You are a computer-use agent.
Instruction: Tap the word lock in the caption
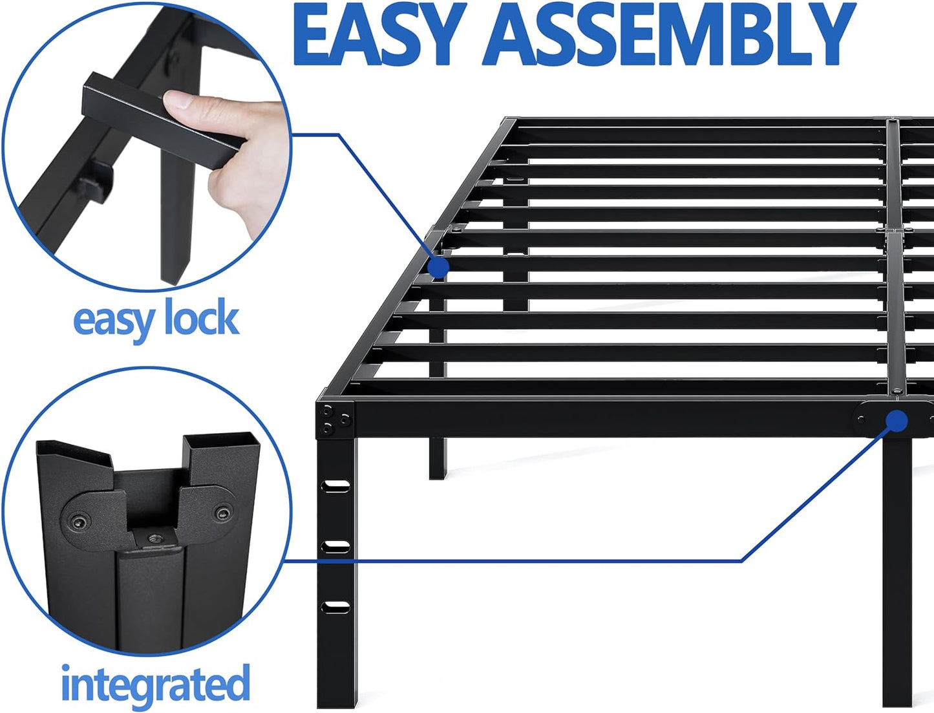pos(201,319)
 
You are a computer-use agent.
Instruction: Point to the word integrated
pos(155,684)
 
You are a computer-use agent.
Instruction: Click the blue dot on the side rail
pos(439,267)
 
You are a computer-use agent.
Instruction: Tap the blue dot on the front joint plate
pos(896,421)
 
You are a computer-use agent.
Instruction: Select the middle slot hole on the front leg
pos(336,547)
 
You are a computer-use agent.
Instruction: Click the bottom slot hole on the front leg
pos(336,606)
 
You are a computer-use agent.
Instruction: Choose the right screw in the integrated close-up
pos(223,514)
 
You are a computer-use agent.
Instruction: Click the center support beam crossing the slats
pos(893,259)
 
